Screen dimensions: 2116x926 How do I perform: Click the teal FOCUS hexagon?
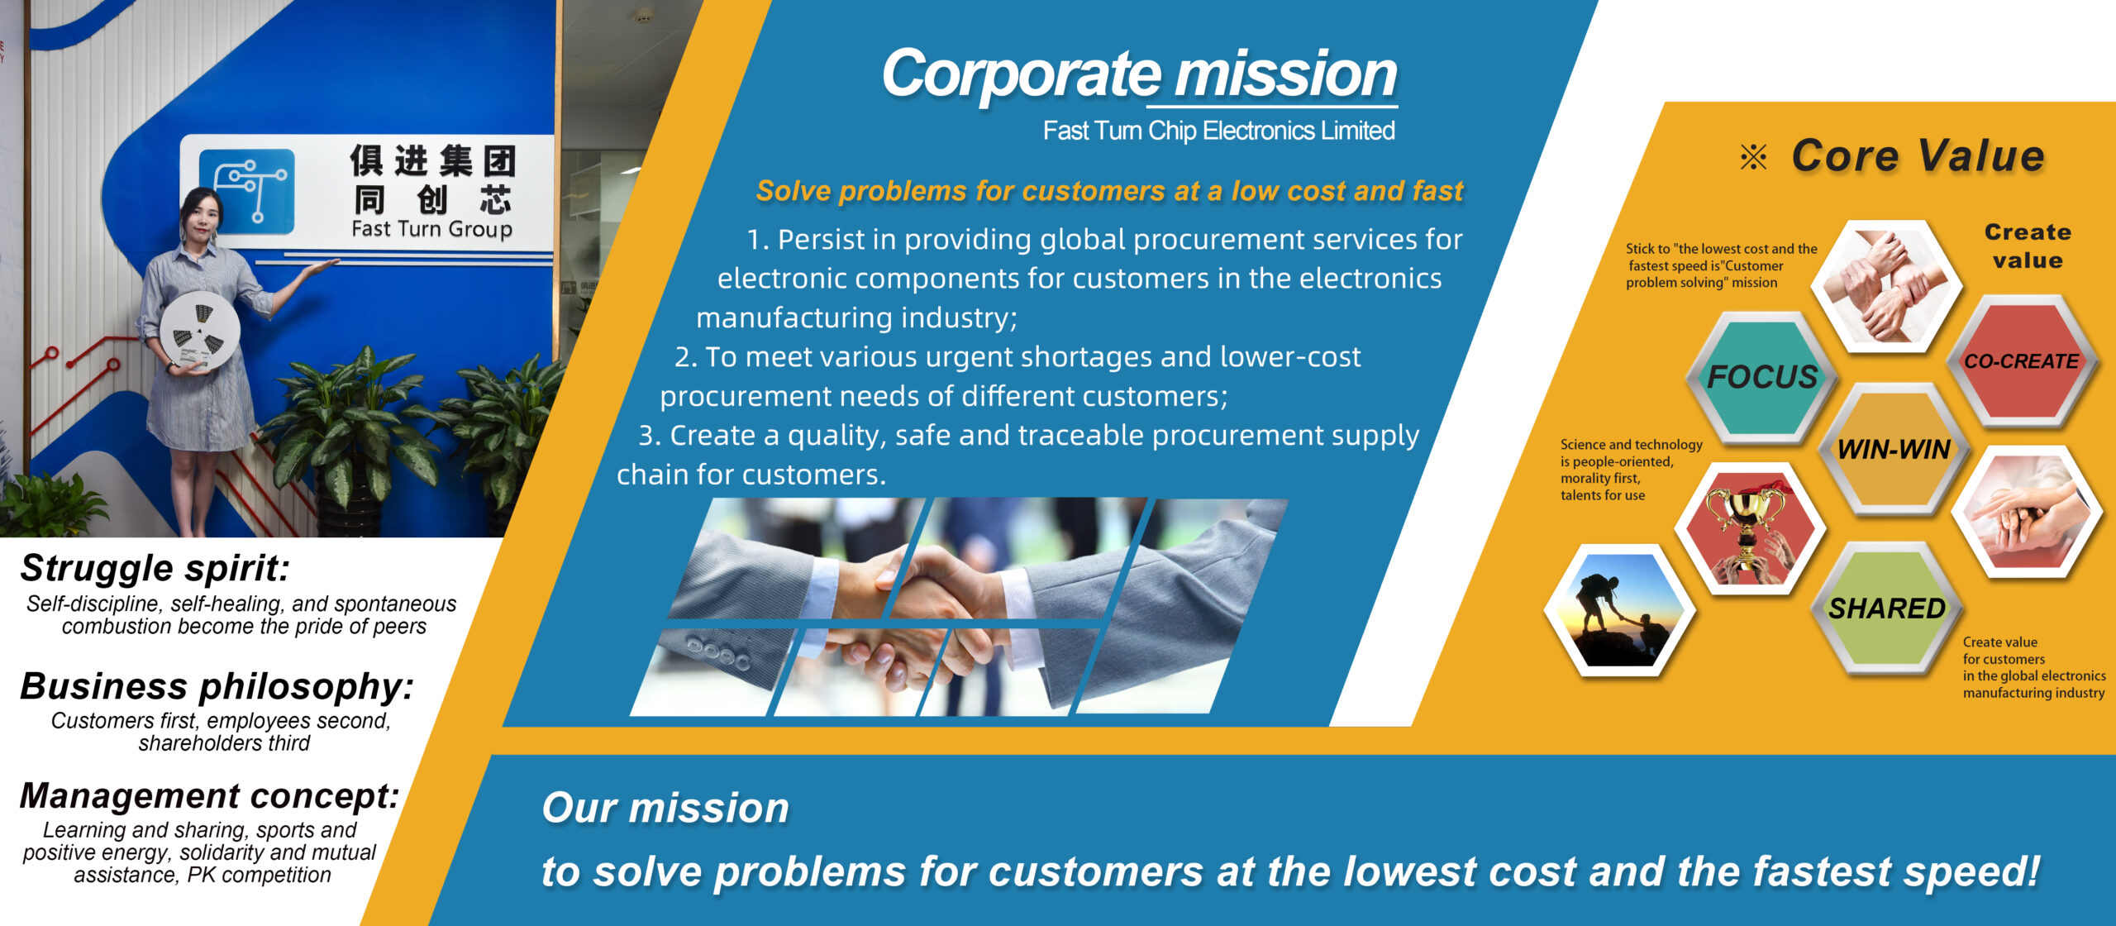click(x=1761, y=377)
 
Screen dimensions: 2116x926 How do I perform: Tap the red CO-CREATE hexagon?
click(x=2022, y=361)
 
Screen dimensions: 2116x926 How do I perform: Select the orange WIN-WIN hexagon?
click(x=1894, y=449)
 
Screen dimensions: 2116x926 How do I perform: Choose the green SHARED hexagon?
click(x=1886, y=609)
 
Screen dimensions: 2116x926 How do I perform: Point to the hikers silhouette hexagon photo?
click(x=1619, y=609)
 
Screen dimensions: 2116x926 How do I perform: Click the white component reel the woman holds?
click(x=200, y=330)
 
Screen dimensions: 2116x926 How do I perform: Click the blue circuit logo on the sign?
click(x=247, y=191)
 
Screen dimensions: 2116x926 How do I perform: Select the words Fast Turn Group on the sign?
click(x=431, y=228)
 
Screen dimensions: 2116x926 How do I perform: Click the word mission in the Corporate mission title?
click(x=1285, y=74)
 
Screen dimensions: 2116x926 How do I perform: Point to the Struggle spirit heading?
click(x=155, y=568)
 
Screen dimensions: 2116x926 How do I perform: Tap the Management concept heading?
click(x=210, y=795)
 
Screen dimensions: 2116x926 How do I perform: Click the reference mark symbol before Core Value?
click(x=1753, y=156)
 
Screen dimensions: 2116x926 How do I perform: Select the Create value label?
click(x=2028, y=246)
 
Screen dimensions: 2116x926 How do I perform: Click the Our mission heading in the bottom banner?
click(x=665, y=808)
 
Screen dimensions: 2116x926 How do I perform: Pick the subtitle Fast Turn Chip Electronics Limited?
click(x=1218, y=131)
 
